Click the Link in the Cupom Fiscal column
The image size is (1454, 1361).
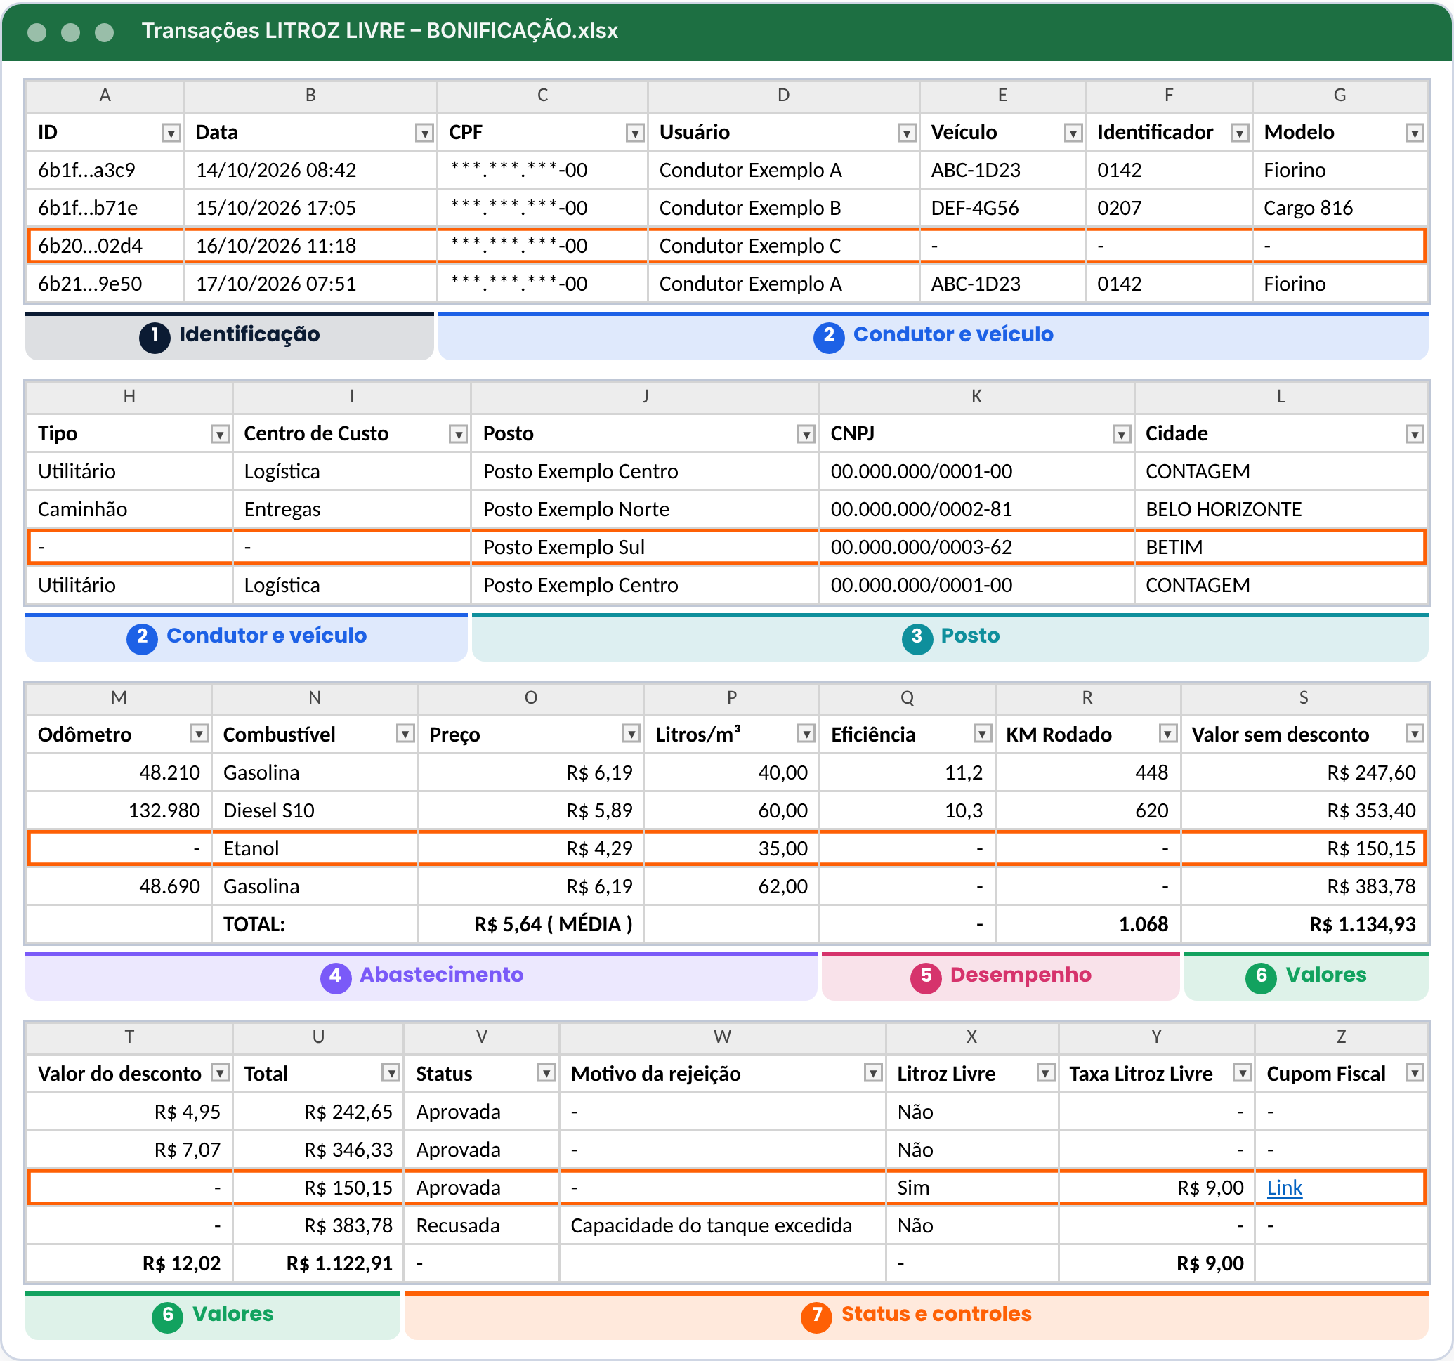click(1283, 1187)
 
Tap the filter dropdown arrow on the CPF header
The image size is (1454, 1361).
click(635, 132)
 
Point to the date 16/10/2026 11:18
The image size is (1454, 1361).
click(276, 246)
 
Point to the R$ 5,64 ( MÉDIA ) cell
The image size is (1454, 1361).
click(553, 924)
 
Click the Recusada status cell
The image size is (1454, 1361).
click(458, 1225)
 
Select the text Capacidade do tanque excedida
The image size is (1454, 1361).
click(711, 1225)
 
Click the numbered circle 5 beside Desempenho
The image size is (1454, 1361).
click(925, 975)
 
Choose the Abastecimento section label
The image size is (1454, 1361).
click(441, 974)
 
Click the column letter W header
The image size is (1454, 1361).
click(722, 1037)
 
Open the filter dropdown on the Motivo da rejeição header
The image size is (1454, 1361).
click(872, 1073)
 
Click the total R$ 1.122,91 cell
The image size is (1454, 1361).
click(339, 1263)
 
